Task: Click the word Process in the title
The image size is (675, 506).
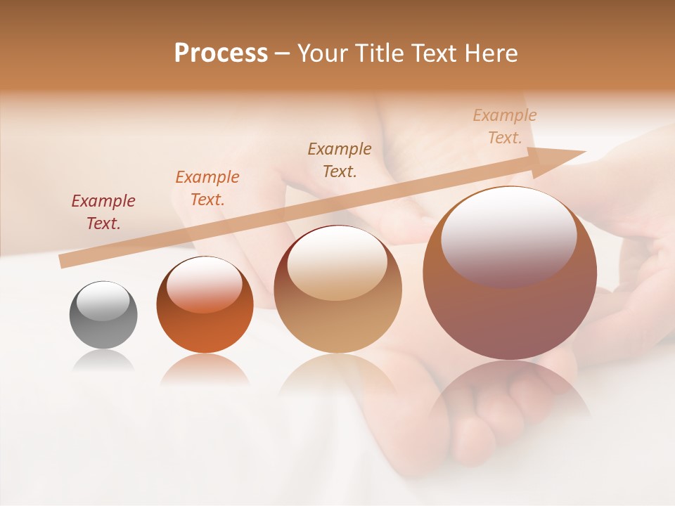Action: (x=221, y=53)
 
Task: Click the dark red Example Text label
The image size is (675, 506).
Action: (x=103, y=212)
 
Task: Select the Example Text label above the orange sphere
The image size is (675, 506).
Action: (x=207, y=188)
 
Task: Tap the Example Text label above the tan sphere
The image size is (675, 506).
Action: (x=340, y=160)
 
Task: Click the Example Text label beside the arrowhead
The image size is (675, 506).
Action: (x=505, y=126)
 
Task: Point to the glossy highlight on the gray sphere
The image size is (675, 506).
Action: (x=103, y=300)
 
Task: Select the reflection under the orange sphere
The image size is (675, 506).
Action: (x=205, y=369)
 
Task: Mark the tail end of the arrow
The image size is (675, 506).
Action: (x=65, y=261)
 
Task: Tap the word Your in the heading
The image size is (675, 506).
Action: (x=325, y=53)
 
